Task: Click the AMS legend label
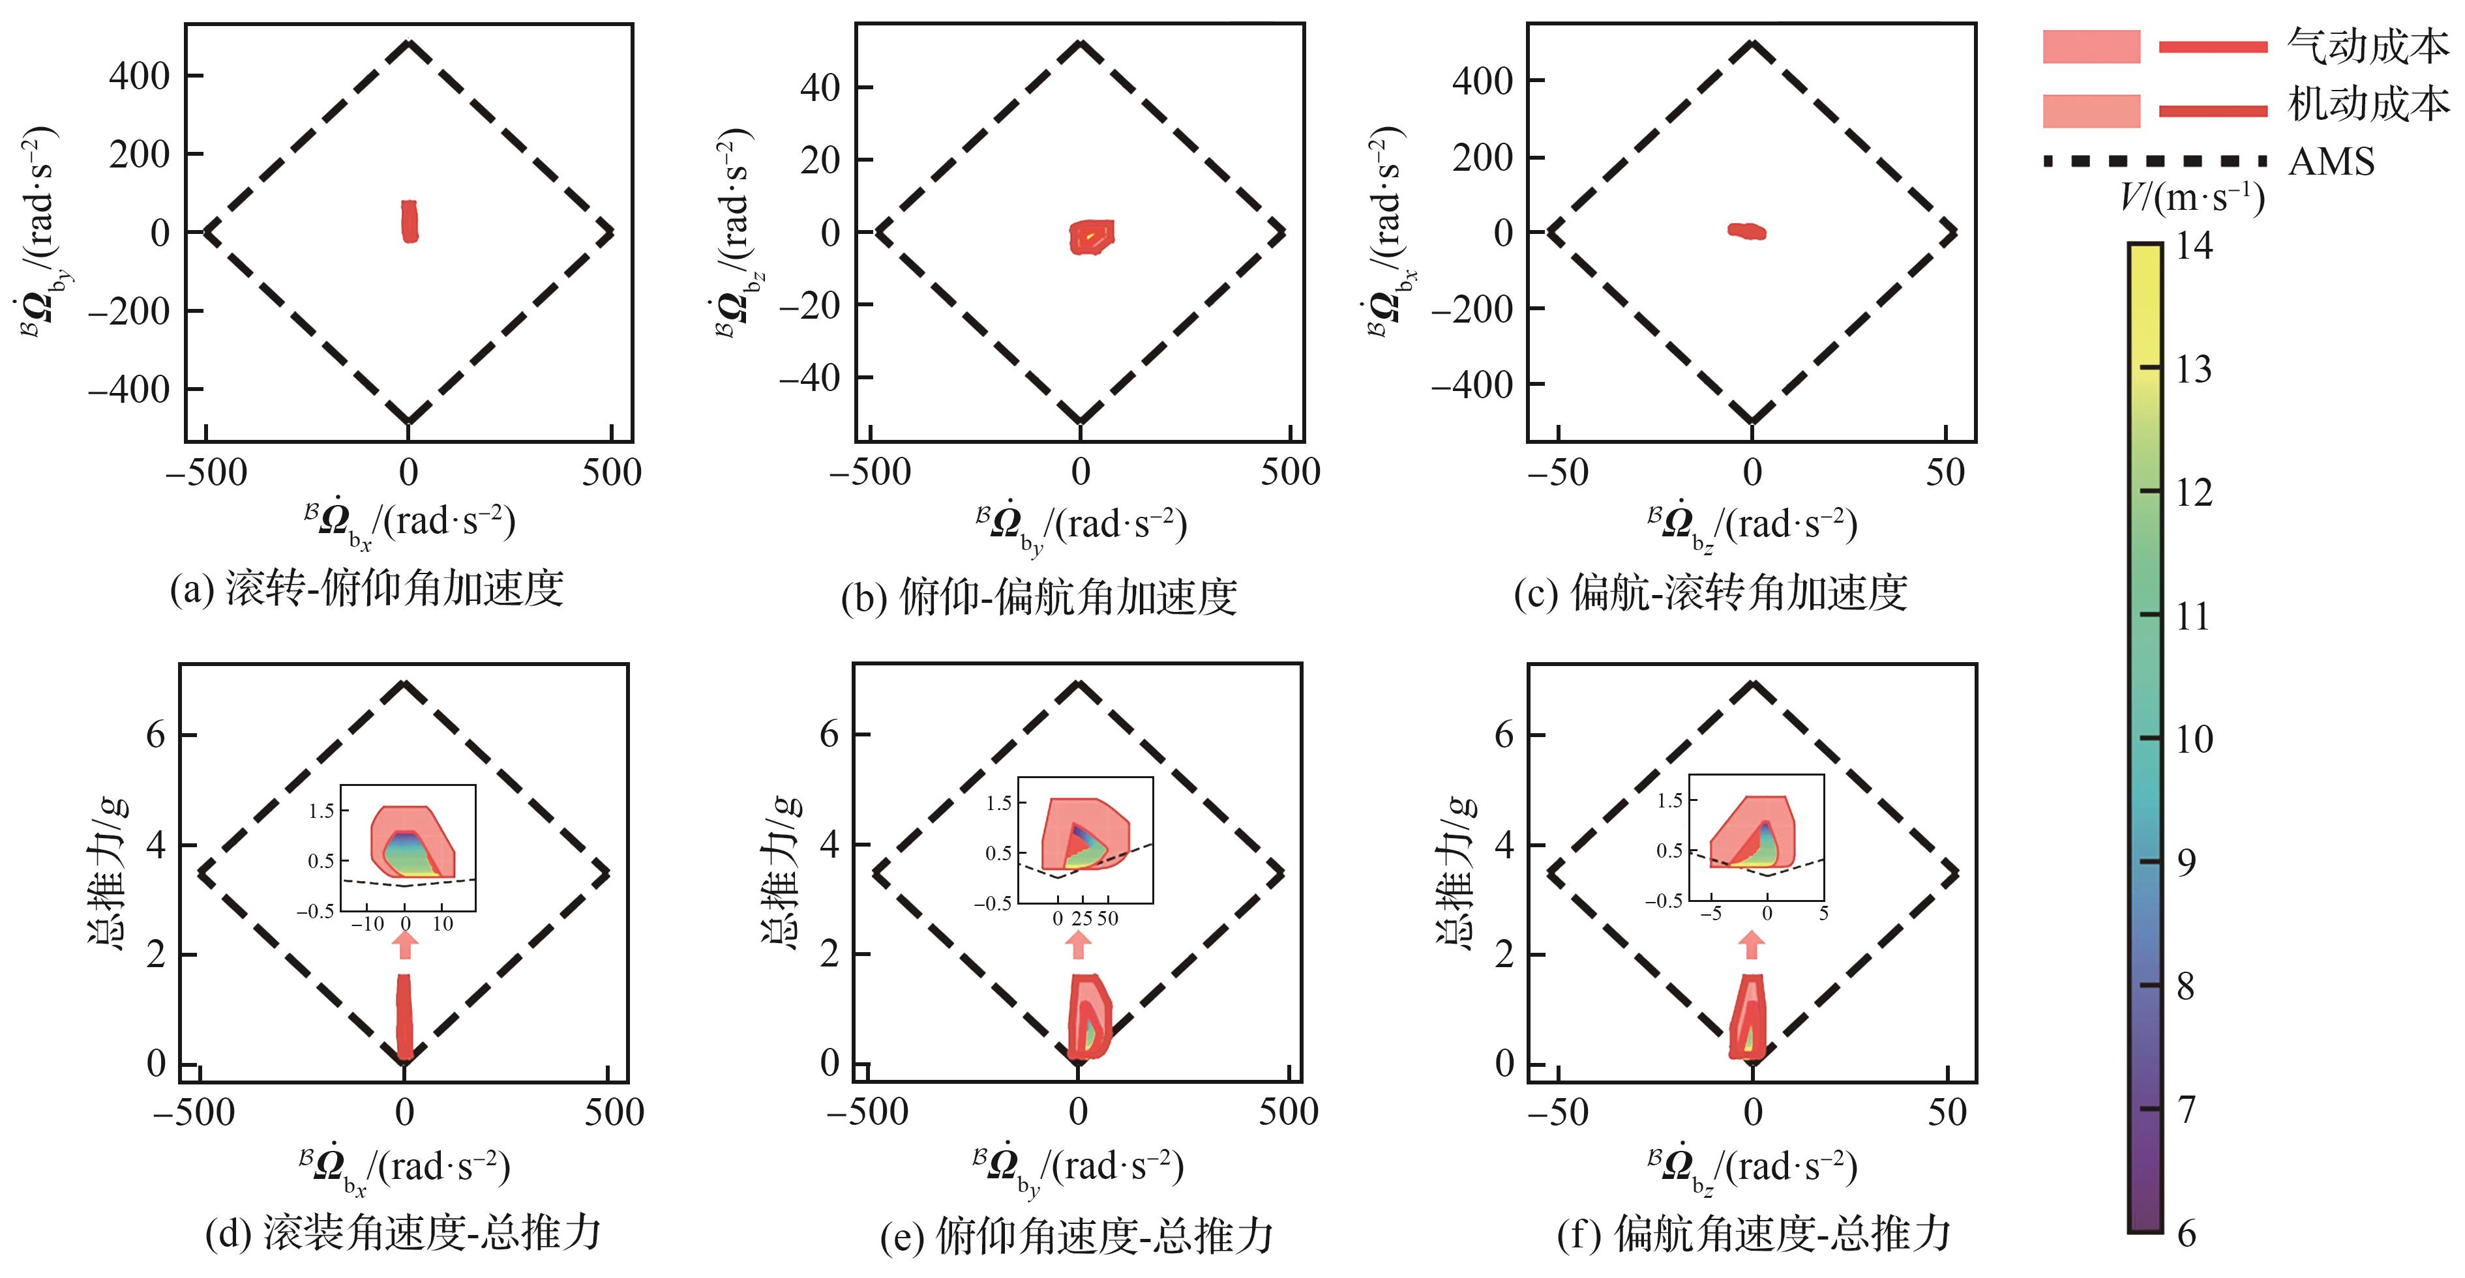coord(2331,162)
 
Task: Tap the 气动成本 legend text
coord(2367,46)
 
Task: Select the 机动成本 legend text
coord(2367,104)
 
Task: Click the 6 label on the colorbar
coord(2187,1234)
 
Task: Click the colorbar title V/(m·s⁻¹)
coord(2191,198)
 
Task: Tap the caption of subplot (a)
coord(366,588)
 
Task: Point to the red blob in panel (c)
coord(1746,231)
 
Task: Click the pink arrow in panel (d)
coord(406,944)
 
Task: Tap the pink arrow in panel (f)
coord(1752,944)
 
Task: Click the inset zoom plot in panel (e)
coord(1084,839)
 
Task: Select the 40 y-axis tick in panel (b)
coord(820,87)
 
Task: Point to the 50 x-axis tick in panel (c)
coord(1945,472)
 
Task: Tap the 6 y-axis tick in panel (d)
coord(155,734)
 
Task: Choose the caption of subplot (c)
coord(1710,593)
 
